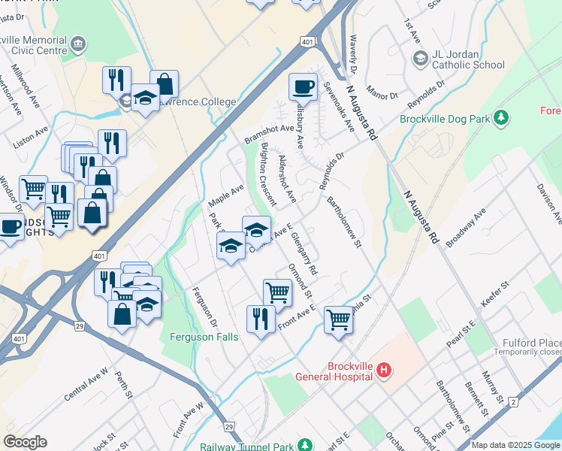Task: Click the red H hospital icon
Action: (x=384, y=369)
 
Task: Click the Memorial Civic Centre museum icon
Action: (x=78, y=44)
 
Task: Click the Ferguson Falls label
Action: (x=204, y=337)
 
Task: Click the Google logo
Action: (x=25, y=442)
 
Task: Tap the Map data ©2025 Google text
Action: (x=515, y=445)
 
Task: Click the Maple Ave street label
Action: (x=226, y=196)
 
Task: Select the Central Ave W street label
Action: (x=86, y=384)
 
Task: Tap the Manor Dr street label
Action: (x=382, y=95)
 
